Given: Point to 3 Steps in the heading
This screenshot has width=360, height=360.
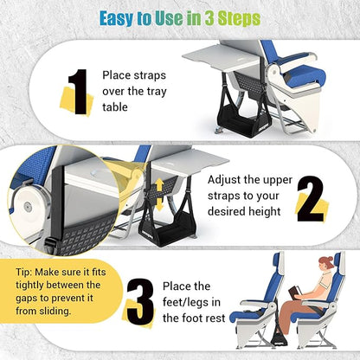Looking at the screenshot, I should point(228,18).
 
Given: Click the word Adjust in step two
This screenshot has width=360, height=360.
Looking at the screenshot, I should point(228,180).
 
